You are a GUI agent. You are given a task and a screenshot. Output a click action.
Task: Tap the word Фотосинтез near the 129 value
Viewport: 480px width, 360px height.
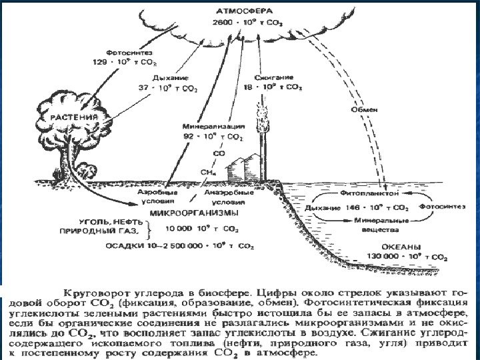(123, 52)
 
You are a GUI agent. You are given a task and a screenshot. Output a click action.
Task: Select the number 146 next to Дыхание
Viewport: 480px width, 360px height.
(353, 207)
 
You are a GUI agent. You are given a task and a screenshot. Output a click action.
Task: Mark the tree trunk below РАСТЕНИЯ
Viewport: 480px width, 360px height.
(70, 160)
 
